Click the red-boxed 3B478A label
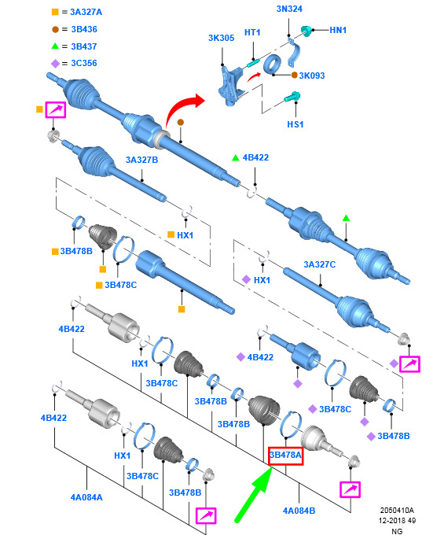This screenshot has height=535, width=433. [285, 456]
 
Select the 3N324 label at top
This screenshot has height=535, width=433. [289, 9]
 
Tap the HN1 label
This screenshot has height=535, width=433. [338, 30]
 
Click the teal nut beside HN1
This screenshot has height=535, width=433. [306, 31]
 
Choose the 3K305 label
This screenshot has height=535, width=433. [221, 38]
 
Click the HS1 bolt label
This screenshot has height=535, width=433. [295, 124]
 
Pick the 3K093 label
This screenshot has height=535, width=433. [312, 76]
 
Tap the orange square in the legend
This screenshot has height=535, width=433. [55, 12]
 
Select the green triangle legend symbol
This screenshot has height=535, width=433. [55, 46]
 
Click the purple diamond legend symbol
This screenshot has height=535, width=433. [55, 64]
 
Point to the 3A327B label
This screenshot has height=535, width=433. [141, 160]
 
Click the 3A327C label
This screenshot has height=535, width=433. [320, 264]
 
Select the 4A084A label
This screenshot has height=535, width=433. [86, 497]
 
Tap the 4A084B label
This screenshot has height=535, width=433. [299, 511]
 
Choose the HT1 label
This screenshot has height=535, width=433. [252, 32]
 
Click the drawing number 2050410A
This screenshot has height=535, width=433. [397, 511]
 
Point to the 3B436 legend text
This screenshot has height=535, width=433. [84, 29]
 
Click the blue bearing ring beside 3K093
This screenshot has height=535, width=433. [273, 64]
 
